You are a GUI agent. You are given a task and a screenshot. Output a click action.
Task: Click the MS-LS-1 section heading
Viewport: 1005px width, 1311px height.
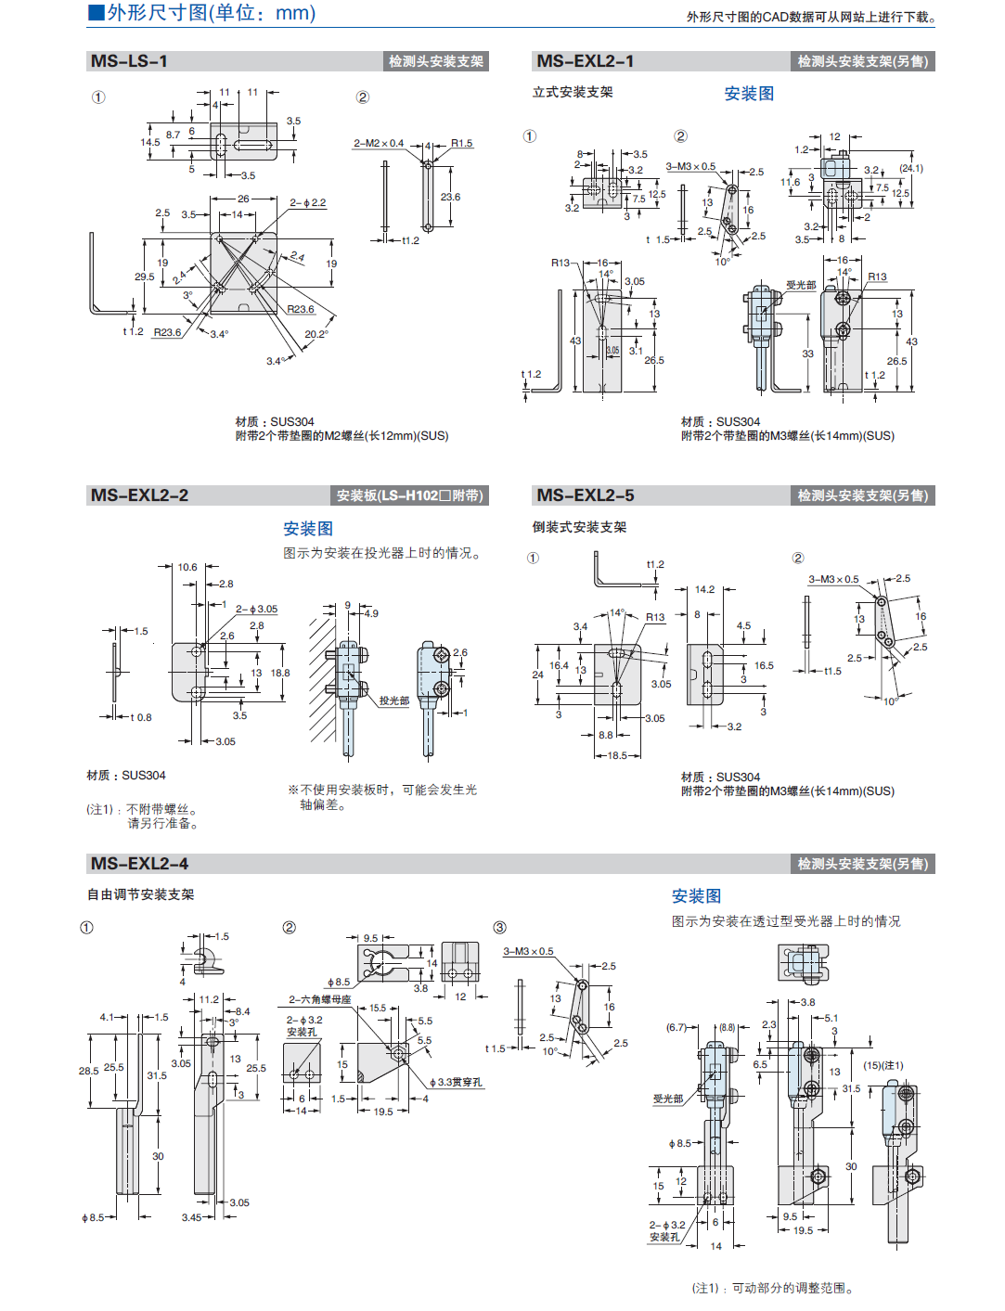pyautogui.click(x=129, y=61)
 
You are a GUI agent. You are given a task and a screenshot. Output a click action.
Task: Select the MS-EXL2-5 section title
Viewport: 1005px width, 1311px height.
pyautogui.click(x=586, y=495)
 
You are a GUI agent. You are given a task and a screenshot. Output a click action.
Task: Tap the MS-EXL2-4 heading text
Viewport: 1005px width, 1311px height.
pyautogui.click(x=139, y=864)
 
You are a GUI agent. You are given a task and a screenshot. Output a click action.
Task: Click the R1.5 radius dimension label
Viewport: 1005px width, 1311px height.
pyautogui.click(x=462, y=144)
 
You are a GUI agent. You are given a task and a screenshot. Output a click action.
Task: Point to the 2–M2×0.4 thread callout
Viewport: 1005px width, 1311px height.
pyautogui.click(x=379, y=144)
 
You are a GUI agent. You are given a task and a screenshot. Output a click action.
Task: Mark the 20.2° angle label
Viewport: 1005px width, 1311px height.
pyautogui.click(x=316, y=335)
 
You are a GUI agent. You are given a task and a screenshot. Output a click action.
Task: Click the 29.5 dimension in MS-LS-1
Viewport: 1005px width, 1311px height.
pyautogui.click(x=144, y=276)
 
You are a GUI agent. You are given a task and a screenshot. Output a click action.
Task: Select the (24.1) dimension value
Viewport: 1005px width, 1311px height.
pyautogui.click(x=911, y=168)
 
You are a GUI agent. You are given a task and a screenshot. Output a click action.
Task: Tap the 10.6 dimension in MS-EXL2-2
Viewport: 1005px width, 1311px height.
pyautogui.click(x=187, y=567)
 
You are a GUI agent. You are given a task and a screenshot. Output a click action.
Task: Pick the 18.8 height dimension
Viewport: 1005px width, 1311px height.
pyautogui.click(x=280, y=674)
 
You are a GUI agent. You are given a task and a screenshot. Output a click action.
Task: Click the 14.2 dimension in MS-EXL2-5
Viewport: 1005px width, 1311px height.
pyautogui.click(x=705, y=589)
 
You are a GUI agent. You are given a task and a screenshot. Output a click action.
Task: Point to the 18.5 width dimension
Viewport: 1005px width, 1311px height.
pyautogui.click(x=617, y=755)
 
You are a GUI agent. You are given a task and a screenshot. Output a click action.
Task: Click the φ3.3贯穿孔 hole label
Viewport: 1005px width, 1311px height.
pyautogui.click(x=456, y=1083)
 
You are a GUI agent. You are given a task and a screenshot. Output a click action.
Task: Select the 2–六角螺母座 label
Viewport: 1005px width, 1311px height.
pyautogui.click(x=320, y=999)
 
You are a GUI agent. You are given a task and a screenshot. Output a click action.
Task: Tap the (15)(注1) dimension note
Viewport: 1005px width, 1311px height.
pyautogui.click(x=883, y=1065)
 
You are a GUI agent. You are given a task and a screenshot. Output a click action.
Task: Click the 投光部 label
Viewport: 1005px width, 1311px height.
pyautogui.click(x=393, y=700)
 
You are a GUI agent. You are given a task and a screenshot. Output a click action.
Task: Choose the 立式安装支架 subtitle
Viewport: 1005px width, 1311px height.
pyautogui.click(x=573, y=92)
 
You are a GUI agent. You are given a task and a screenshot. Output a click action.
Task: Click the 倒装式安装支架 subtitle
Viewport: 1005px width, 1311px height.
pyautogui.click(x=579, y=527)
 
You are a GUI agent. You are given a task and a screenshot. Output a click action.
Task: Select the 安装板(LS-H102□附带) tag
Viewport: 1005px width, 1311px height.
pyautogui.click(x=409, y=495)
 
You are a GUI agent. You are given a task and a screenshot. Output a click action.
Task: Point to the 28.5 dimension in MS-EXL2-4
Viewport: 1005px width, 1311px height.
pyautogui.click(x=88, y=1071)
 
